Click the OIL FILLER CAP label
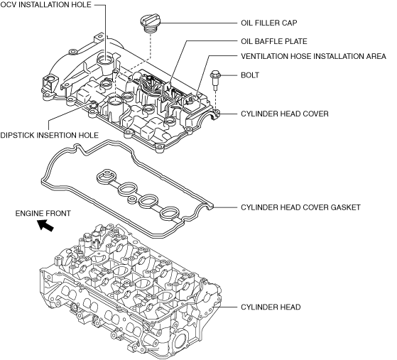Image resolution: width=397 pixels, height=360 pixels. (x=269, y=23)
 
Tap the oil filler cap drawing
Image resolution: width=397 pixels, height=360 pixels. (x=151, y=23)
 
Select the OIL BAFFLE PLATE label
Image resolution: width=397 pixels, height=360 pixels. (x=274, y=41)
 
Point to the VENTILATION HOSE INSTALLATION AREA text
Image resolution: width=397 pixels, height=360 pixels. (x=313, y=56)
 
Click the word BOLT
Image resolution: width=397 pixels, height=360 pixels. (x=250, y=75)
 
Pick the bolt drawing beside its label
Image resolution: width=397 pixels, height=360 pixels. (x=215, y=80)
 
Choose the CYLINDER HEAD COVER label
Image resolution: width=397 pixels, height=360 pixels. (x=285, y=114)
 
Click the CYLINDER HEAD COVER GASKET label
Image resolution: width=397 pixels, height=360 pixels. (x=300, y=207)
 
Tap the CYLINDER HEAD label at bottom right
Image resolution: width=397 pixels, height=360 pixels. (x=271, y=307)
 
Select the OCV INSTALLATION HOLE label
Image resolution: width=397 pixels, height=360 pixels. (x=46, y=5)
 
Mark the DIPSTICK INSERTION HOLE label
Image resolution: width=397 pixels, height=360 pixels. (x=50, y=135)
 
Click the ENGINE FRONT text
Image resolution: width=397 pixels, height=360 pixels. (x=43, y=214)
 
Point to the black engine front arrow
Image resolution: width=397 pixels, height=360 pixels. (x=45, y=225)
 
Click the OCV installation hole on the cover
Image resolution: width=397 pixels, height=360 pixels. (x=105, y=60)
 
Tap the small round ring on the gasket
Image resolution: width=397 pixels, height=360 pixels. (x=132, y=199)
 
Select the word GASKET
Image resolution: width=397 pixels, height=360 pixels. (x=345, y=207)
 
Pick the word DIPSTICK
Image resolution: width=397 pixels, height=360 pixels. (x=17, y=135)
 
